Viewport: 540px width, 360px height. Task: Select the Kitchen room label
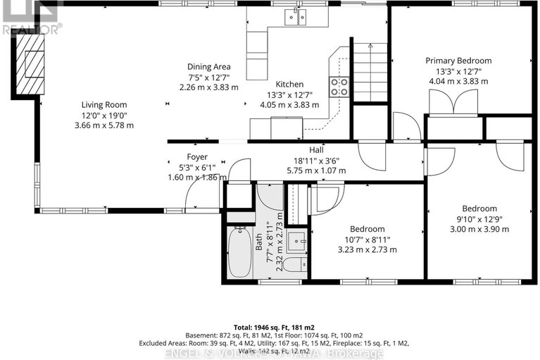[289, 83]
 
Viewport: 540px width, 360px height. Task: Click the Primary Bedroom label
[458, 61]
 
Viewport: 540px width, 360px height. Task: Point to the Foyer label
[196, 156]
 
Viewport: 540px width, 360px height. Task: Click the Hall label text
[316, 150]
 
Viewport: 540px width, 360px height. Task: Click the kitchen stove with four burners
[339, 86]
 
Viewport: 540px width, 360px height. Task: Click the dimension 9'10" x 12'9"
[479, 219]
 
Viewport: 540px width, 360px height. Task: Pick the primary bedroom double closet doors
[453, 104]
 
